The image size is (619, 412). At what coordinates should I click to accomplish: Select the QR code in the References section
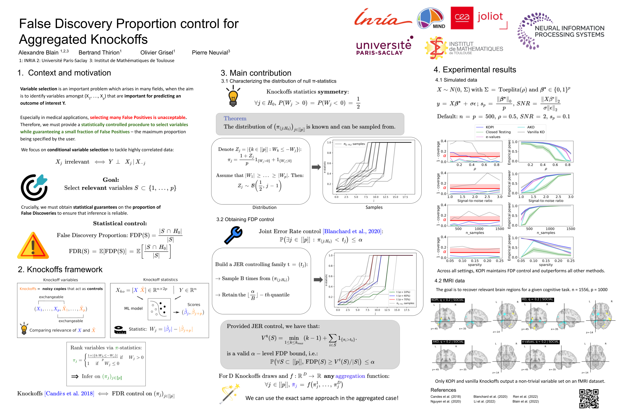pos(589,398)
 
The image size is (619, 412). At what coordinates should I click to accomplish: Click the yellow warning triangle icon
pos(33,246)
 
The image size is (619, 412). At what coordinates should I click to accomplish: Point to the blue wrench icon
pos(233,235)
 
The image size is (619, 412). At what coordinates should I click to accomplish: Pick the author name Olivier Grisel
pos(157,52)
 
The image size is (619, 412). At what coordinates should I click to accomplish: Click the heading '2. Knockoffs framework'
pos(60,269)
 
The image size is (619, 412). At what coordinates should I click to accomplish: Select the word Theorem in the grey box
pos(235,118)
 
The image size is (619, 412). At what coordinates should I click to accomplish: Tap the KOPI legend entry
pos(489,127)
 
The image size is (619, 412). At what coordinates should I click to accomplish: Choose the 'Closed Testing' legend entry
pos(498,132)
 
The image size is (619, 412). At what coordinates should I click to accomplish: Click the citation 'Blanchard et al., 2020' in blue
pos(352,231)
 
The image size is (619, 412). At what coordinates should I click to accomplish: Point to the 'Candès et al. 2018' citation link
pos(69,393)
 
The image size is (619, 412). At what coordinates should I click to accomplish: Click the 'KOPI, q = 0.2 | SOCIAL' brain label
pos(447,300)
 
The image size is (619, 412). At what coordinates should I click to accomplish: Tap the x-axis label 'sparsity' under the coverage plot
pos(474,265)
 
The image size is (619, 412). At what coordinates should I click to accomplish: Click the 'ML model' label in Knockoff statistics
pos(133,308)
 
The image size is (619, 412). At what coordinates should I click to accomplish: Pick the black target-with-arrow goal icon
pos(34,187)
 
